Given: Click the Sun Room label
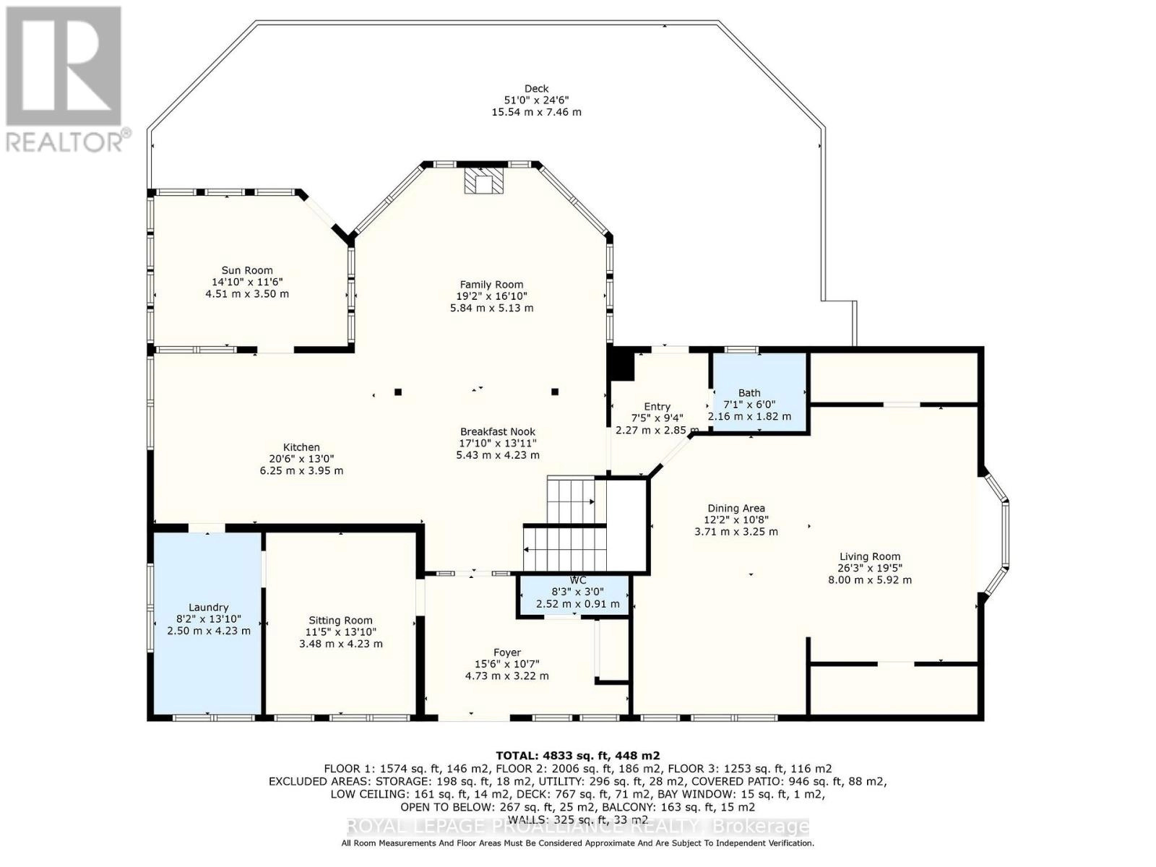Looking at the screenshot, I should click(247, 271).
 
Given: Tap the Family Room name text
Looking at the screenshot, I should click(491, 285).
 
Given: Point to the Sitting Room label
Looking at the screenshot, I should click(340, 620).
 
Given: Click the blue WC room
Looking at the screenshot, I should click(577, 596).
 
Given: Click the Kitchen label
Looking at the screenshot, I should click(301, 447).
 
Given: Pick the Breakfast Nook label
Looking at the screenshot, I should click(498, 432).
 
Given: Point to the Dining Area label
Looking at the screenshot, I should click(736, 508).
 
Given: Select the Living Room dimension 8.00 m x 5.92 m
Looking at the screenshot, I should click(870, 579).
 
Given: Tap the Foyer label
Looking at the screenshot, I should click(506, 652).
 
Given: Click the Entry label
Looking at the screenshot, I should click(657, 407).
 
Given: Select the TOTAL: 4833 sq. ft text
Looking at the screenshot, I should click(578, 756).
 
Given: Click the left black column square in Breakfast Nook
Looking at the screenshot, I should click(398, 392).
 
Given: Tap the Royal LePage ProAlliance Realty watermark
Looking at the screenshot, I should click(578, 827).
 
